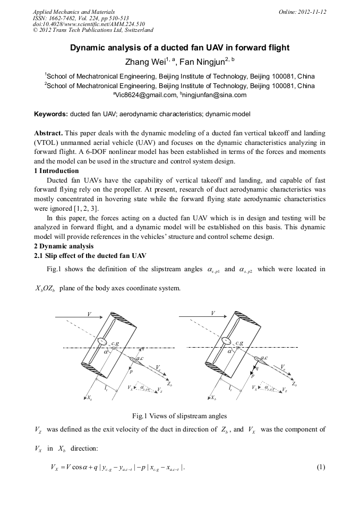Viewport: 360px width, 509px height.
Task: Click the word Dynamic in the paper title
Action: [87, 48]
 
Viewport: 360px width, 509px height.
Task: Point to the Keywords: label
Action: [51, 114]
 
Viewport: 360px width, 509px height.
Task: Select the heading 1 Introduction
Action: [56, 171]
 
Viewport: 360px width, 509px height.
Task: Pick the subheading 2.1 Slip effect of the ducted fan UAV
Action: [90, 256]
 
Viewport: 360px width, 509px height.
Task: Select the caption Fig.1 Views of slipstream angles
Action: [179, 416]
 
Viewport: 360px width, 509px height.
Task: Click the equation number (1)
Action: [320, 467]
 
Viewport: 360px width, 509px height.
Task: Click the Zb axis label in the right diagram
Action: [295, 384]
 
